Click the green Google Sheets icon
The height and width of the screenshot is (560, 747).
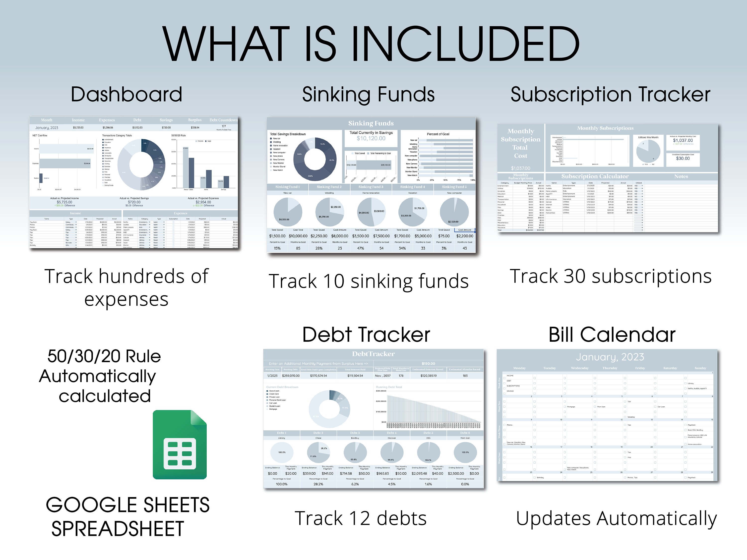[180, 445]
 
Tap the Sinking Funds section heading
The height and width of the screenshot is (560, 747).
[368, 95]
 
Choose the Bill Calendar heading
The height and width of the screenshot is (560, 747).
[612, 335]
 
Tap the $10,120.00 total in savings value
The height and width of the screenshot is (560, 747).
[371, 138]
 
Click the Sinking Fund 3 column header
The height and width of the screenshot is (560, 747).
[371, 187]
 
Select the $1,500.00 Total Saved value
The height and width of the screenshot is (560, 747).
[277, 236]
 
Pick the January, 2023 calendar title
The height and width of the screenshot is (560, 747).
[610, 357]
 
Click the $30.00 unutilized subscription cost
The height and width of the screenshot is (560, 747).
[683, 158]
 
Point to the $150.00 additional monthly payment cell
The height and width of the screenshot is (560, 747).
[428, 364]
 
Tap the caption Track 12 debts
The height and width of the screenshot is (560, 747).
[361, 518]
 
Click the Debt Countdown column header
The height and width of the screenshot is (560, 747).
[223, 120]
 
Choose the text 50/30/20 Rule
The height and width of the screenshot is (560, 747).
[104, 356]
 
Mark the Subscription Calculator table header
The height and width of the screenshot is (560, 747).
[595, 176]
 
